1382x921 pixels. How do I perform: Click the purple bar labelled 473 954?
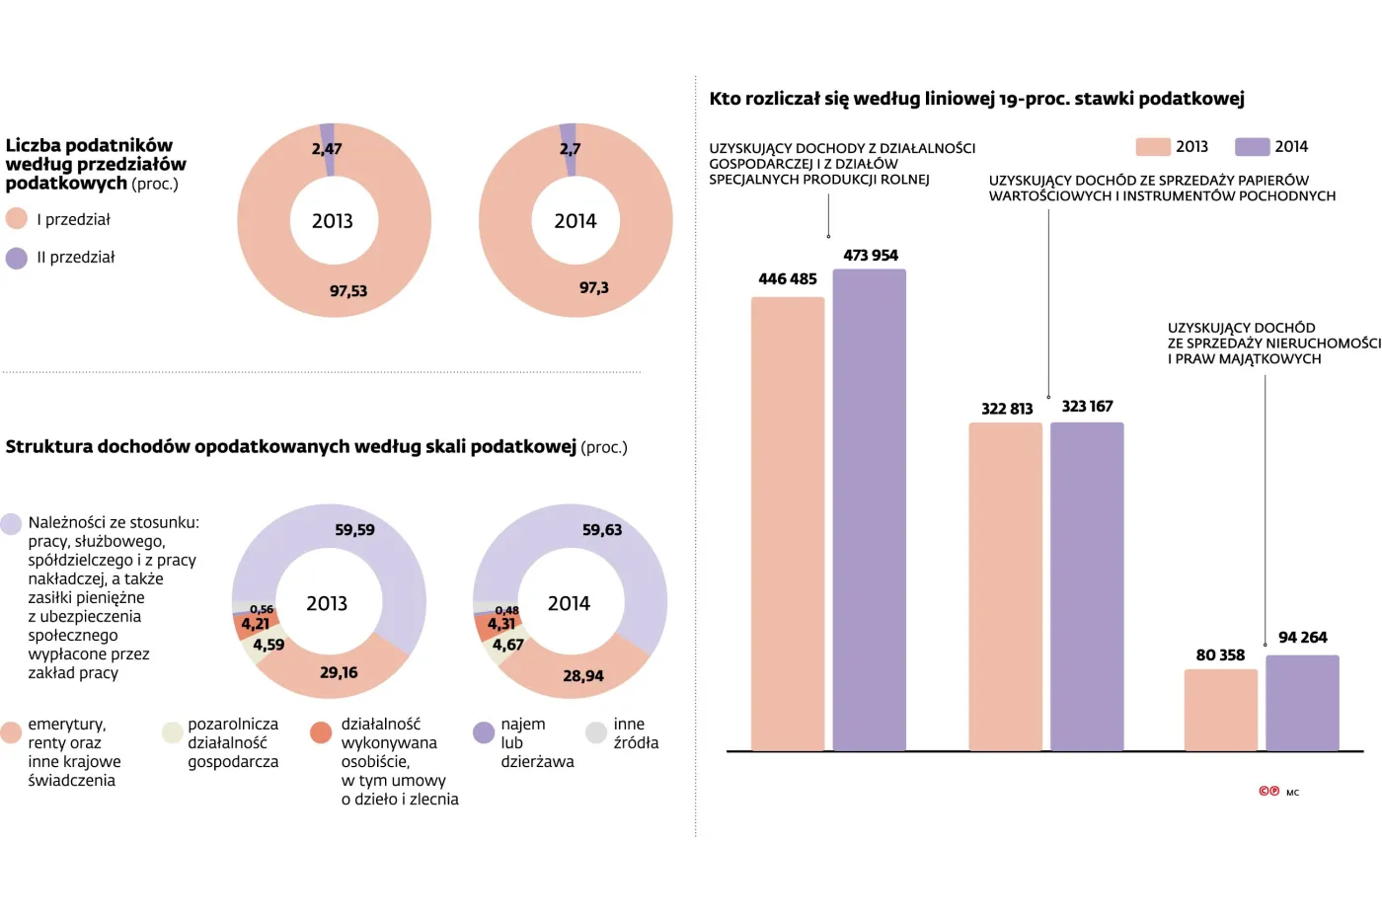click(x=869, y=509)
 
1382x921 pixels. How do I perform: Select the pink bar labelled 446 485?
click(x=788, y=523)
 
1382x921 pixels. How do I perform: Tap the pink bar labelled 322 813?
click(x=1005, y=586)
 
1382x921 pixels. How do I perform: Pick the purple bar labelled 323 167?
click(x=1087, y=586)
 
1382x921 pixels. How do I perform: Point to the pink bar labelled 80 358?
click(x=1220, y=710)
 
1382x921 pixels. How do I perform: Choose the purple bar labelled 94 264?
click(x=1302, y=703)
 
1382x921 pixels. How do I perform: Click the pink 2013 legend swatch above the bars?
click(x=1152, y=147)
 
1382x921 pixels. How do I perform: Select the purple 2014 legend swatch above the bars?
click(x=1252, y=147)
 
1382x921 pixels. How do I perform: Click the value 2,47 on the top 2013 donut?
click(x=327, y=149)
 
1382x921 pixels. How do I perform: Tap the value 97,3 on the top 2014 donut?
click(x=594, y=288)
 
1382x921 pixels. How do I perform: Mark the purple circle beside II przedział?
click(x=17, y=259)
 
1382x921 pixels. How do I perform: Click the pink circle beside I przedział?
click(x=17, y=219)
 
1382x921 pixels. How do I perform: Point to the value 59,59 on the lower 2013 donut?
click(x=354, y=530)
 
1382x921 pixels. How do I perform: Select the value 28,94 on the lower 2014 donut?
click(x=583, y=676)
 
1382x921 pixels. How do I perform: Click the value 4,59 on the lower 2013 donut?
click(x=269, y=645)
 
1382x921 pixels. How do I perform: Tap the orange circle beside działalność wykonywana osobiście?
click(x=321, y=732)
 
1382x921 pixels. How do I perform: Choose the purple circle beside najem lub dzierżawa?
click(x=484, y=732)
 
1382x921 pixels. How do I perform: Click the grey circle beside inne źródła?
click(x=596, y=732)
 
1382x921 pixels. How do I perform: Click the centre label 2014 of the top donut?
click(x=576, y=221)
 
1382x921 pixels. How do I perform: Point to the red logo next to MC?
click(x=1268, y=792)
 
